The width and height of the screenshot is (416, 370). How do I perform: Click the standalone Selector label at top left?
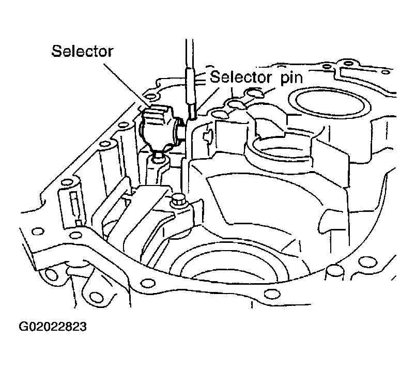pyautogui.click(x=83, y=51)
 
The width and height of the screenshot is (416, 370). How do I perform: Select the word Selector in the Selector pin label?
pyautogui.click(x=241, y=77)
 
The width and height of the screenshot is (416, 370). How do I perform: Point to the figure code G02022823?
pyautogui.click(x=53, y=327)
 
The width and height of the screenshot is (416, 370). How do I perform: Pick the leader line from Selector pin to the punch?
pyautogui.click(x=208, y=101)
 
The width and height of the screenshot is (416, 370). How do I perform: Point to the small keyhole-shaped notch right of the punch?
pyautogui.click(x=207, y=135)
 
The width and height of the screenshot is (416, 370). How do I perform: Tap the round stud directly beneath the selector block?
pyautogui.click(x=158, y=159)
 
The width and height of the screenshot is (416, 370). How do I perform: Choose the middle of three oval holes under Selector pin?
pyautogui.click(x=236, y=104)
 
